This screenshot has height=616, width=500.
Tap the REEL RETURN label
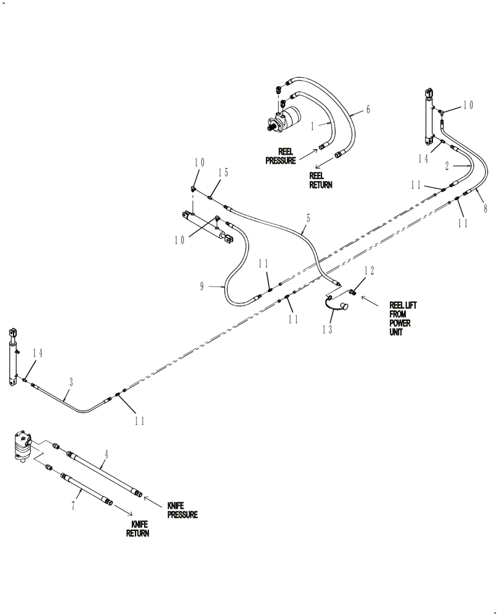[x=320, y=180]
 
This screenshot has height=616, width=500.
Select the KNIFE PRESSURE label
[x=182, y=510]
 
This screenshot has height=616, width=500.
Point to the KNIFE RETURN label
[x=138, y=529]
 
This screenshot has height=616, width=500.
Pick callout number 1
[x=313, y=126]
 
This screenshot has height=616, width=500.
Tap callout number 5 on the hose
[x=308, y=218]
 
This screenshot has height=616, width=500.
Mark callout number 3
[x=71, y=383]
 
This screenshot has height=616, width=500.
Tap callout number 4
[x=106, y=455]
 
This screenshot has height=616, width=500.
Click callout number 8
[x=485, y=209]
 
